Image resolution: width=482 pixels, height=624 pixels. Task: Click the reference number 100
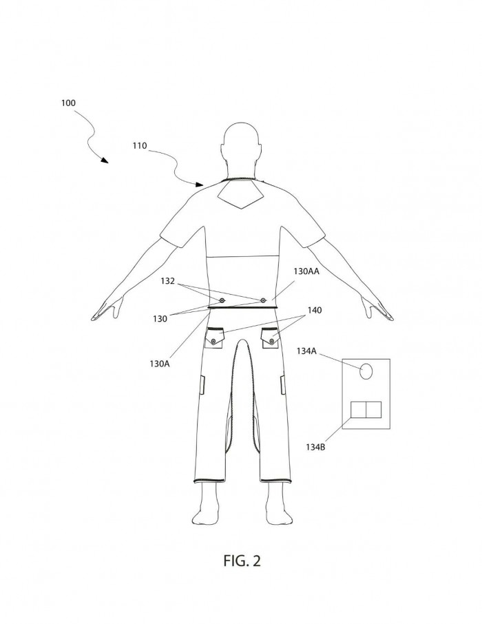[x=68, y=103]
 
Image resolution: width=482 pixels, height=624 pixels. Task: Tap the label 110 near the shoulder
[x=140, y=145]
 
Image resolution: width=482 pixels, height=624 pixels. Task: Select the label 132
[x=167, y=281]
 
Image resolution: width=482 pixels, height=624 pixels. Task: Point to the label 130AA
[x=307, y=271]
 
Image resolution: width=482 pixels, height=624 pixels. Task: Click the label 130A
[x=160, y=364]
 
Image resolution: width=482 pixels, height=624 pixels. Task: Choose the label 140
[x=315, y=310]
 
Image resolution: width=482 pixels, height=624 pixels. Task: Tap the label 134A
[x=306, y=351]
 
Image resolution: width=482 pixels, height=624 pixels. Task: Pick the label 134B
[x=315, y=447]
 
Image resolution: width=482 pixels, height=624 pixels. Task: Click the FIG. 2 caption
[x=242, y=561]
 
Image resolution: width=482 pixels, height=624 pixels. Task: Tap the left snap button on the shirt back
[x=222, y=300]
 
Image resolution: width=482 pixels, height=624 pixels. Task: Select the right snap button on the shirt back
[x=263, y=300]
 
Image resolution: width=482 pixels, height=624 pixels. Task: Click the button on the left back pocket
[x=213, y=342]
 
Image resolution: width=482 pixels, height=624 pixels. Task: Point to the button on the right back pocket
[x=272, y=342]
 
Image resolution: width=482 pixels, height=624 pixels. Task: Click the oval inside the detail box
[x=366, y=371]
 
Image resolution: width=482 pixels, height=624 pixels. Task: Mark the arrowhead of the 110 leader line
[x=200, y=185]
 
